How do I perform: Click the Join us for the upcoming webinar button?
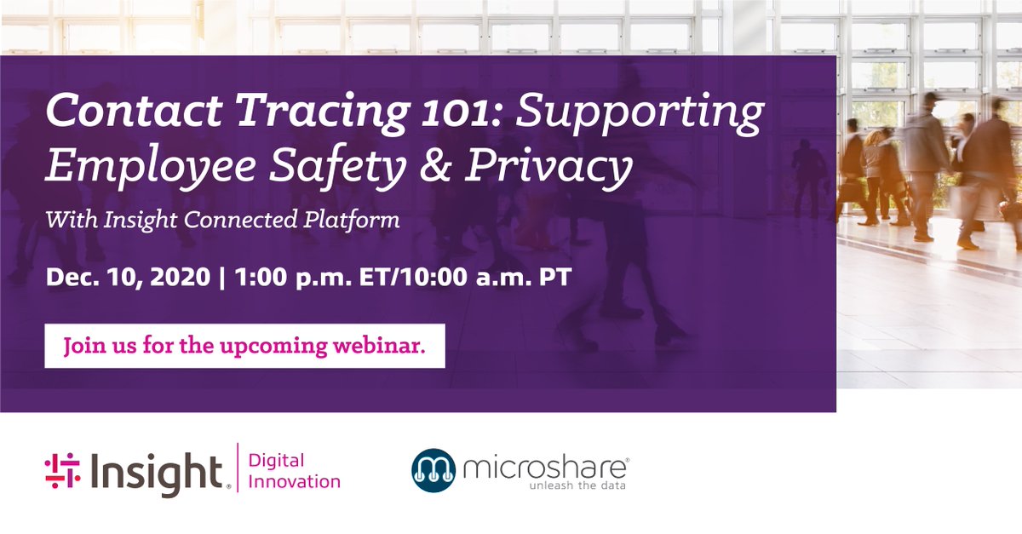pos(244,346)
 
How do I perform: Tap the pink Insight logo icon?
pos(62,471)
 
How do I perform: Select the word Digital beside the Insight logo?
pos(277,461)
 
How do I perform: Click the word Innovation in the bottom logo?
pos(294,482)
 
